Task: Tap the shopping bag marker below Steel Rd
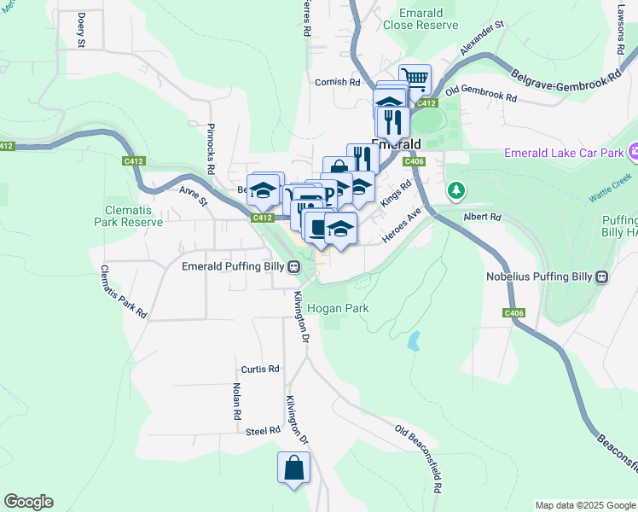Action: (x=293, y=468)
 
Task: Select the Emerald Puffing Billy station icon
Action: (x=293, y=266)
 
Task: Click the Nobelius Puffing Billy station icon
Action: (x=602, y=276)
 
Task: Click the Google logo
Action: (x=28, y=502)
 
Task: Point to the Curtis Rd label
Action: (x=260, y=369)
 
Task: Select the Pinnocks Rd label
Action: (x=211, y=146)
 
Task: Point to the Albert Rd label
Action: (x=483, y=218)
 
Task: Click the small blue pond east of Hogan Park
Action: (x=414, y=342)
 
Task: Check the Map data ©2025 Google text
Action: (x=584, y=505)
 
